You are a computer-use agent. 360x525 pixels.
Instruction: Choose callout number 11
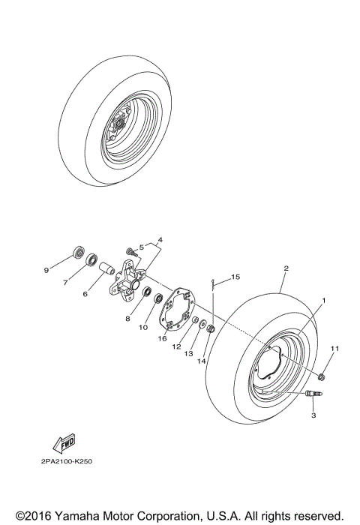pyautogui.click(x=335, y=349)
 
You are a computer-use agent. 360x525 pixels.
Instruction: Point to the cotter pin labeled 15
pyautogui.click(x=214, y=282)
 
